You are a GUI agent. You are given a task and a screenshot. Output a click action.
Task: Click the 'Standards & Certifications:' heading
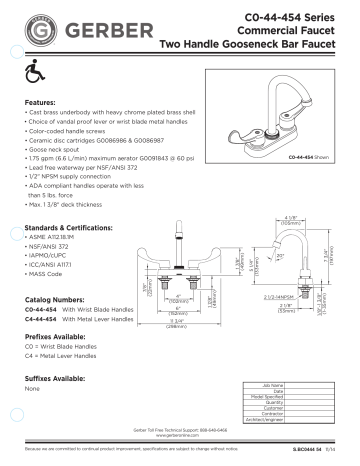[68, 229]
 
